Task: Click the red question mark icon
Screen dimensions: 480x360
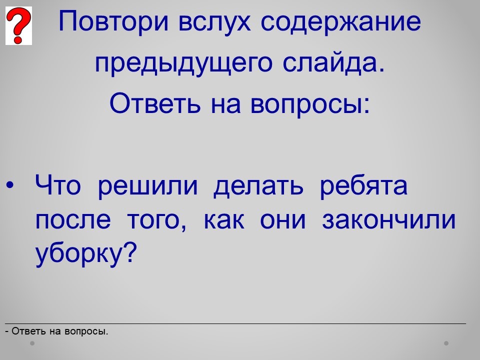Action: tap(18, 25)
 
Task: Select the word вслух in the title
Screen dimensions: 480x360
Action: tap(214, 22)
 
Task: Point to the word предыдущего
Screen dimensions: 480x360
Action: tap(183, 63)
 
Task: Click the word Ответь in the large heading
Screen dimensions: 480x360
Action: tap(155, 103)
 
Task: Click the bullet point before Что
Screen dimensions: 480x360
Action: tap(10, 185)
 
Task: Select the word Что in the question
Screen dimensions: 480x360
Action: tap(58, 185)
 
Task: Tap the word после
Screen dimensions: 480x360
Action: tap(73, 220)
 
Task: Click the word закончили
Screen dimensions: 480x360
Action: tap(389, 220)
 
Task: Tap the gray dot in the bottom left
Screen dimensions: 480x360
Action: tap(32, 343)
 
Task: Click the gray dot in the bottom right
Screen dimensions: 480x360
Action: tap(446, 343)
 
